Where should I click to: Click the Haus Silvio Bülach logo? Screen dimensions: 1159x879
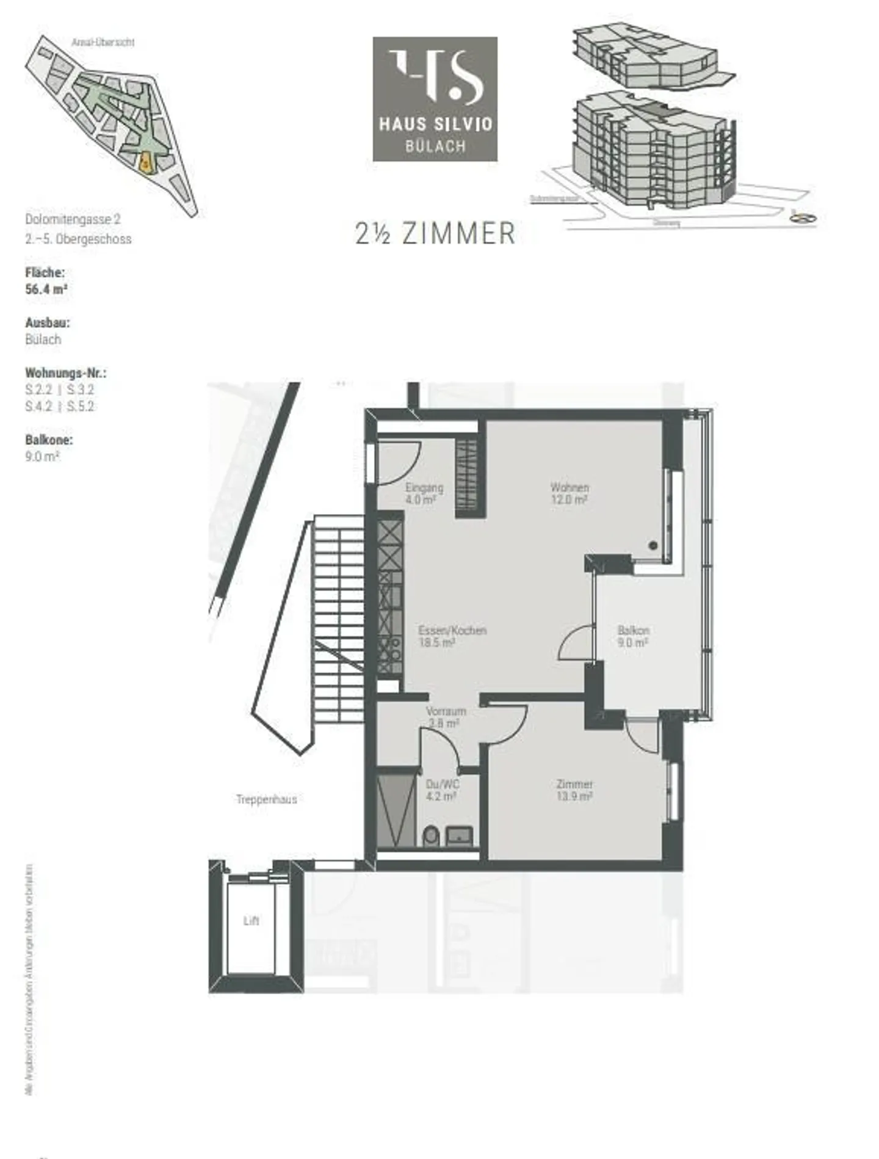(435, 99)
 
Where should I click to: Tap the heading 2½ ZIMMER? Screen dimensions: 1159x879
(435, 234)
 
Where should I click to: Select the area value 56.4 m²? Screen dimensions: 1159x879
(46, 289)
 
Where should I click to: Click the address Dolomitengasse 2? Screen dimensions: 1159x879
(73, 219)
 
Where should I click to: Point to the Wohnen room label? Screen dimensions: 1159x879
(569, 493)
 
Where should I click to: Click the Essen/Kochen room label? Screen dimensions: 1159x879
(452, 636)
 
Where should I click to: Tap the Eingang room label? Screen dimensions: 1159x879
(424, 493)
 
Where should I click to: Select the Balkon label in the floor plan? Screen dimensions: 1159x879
(633, 636)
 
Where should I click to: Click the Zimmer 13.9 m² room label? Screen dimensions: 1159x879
(574, 790)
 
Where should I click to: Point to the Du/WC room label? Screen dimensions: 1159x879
(442, 790)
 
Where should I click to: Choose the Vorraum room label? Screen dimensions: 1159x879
(446, 717)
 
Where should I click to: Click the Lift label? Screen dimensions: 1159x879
(251, 921)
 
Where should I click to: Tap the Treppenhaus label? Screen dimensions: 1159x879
(266, 799)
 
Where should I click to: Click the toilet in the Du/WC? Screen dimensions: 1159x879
(430, 835)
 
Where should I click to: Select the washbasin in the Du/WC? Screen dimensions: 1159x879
(460, 835)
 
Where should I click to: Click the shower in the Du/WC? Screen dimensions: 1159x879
(396, 810)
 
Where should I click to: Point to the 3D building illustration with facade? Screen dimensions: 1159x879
(653, 150)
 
